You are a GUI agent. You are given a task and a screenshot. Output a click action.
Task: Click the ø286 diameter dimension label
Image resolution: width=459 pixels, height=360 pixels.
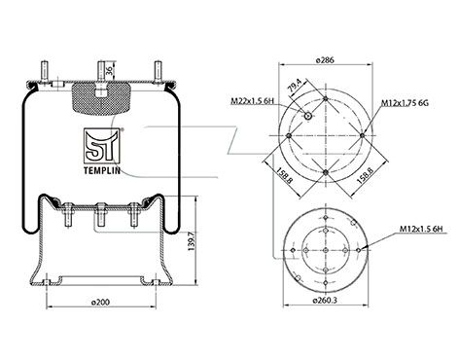coord(325,60)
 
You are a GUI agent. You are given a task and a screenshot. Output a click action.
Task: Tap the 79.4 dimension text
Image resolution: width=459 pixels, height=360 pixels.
coord(295,87)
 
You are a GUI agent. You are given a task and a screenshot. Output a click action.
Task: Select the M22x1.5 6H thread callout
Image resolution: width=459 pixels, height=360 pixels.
coord(252,101)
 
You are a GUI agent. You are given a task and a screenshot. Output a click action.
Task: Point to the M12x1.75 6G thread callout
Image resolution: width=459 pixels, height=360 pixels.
coord(405,103)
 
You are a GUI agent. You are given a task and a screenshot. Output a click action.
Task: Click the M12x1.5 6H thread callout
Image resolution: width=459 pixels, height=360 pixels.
coord(421,230)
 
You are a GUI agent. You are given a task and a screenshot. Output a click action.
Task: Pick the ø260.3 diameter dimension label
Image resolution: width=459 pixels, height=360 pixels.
coord(325,301)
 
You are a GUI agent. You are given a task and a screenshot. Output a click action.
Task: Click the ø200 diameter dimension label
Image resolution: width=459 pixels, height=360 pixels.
coord(100,302)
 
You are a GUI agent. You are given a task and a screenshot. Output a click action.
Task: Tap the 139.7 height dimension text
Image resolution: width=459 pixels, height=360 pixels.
coord(192,240)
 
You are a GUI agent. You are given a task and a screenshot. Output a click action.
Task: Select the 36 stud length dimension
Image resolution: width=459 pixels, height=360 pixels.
coord(109,71)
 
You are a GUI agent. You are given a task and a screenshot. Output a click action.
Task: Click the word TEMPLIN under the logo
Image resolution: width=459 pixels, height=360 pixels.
coord(102,170)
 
